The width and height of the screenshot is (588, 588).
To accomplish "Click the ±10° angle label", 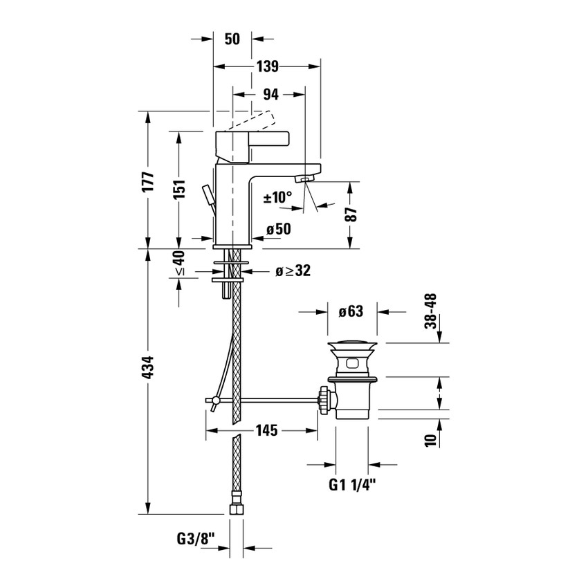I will tap(277, 198).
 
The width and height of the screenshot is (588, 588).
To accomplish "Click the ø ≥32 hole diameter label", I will tap(292, 271).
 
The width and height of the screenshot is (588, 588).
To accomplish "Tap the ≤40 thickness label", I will tap(179, 264).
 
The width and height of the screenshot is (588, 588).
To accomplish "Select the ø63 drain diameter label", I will tap(351, 312).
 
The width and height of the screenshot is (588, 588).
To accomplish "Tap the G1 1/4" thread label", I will tap(351, 485).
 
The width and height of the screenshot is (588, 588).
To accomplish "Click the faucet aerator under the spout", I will tap(303, 179).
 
